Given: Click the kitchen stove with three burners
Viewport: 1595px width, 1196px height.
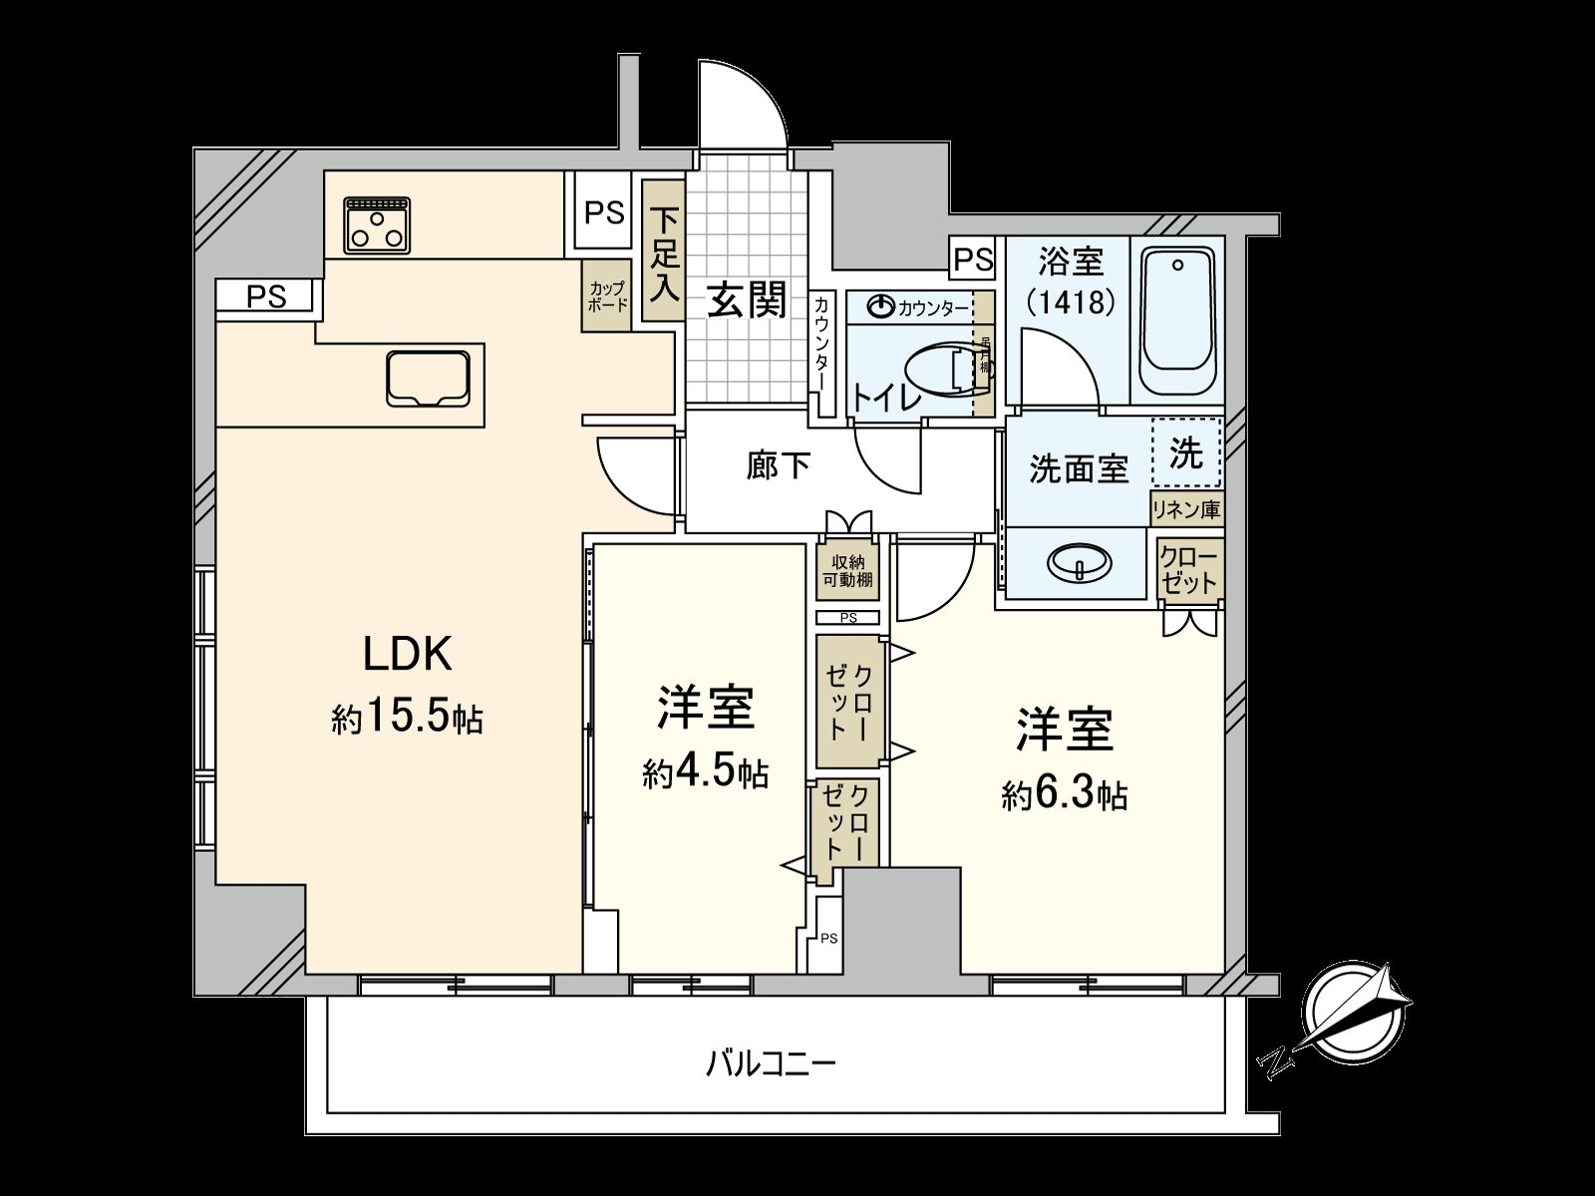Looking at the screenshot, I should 378,225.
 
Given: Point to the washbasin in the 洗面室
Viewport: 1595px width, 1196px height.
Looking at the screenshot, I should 1079,563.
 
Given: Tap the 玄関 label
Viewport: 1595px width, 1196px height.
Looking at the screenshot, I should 747,299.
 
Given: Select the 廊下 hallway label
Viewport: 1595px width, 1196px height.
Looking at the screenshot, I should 778,465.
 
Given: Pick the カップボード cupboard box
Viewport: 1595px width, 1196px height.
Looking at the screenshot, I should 606,296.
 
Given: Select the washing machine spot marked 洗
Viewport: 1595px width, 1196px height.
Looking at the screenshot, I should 1186,453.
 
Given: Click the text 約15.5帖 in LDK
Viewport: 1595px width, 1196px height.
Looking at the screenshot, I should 407,717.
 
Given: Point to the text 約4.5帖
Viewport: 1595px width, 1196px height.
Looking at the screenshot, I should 705,772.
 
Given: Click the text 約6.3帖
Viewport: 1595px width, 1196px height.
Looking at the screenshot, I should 1064,794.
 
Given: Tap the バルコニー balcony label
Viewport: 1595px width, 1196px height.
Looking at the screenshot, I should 771,1063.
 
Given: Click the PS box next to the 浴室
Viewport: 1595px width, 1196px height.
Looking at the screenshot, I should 972,260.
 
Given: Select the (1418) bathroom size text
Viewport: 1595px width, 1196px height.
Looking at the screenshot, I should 1071,302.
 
